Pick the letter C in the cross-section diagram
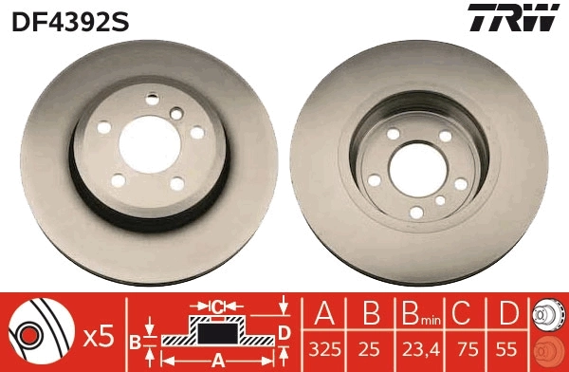tap(217, 307)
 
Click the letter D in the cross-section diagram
tap(283, 331)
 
